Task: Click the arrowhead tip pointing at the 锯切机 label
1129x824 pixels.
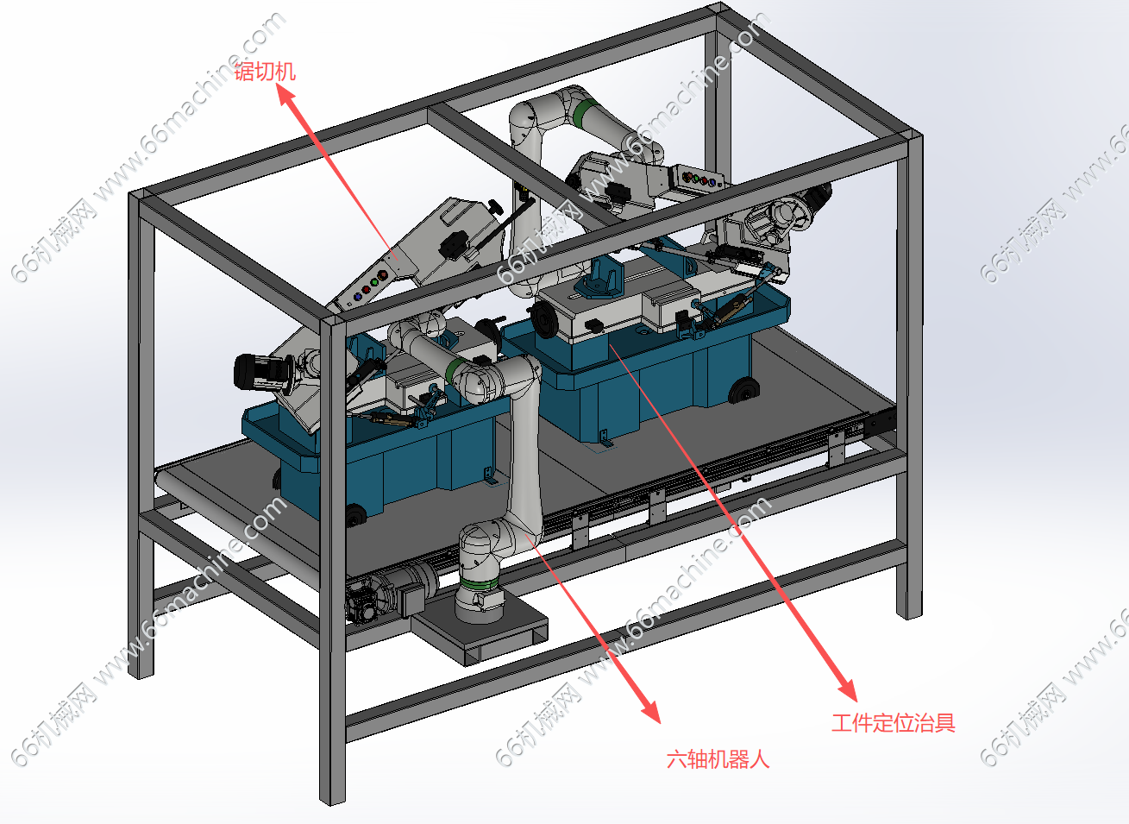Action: [x=279, y=85]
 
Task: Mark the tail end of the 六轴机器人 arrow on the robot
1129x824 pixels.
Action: [x=526, y=535]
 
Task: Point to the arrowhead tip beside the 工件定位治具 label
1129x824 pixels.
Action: [x=856, y=701]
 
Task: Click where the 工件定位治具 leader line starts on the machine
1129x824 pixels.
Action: [x=610, y=345]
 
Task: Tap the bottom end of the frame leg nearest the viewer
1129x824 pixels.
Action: [x=333, y=801]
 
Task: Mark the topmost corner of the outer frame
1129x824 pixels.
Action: [x=719, y=4]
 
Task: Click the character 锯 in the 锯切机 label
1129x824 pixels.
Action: [x=244, y=72]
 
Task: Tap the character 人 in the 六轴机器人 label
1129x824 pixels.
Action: [x=760, y=759]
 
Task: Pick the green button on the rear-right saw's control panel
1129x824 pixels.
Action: [x=695, y=178]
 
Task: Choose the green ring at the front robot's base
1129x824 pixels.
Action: [x=479, y=584]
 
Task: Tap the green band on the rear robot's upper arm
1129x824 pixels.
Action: [x=583, y=114]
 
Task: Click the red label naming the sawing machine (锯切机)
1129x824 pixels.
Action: [x=265, y=72]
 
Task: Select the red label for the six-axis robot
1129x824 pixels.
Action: [x=718, y=759]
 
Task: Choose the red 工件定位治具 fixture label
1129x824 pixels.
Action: [x=894, y=723]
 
